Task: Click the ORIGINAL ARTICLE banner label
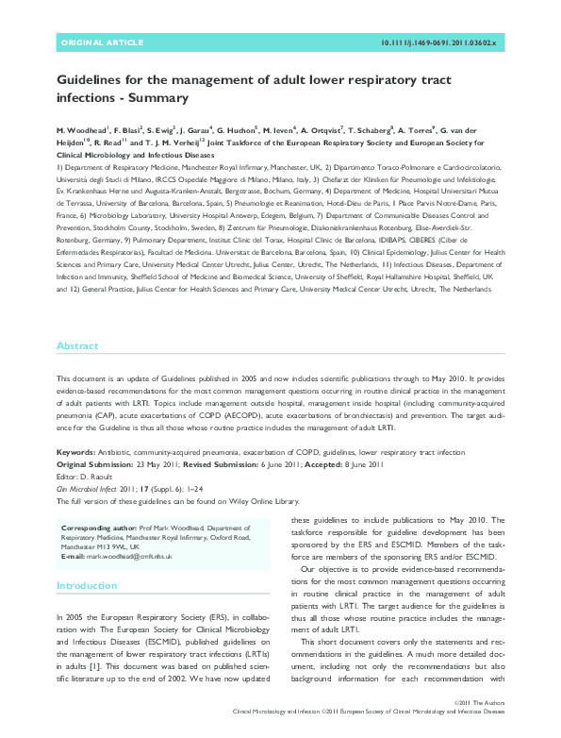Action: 102,43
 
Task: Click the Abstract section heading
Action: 77,346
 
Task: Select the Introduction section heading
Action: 87,585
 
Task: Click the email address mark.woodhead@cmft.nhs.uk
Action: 131,557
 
